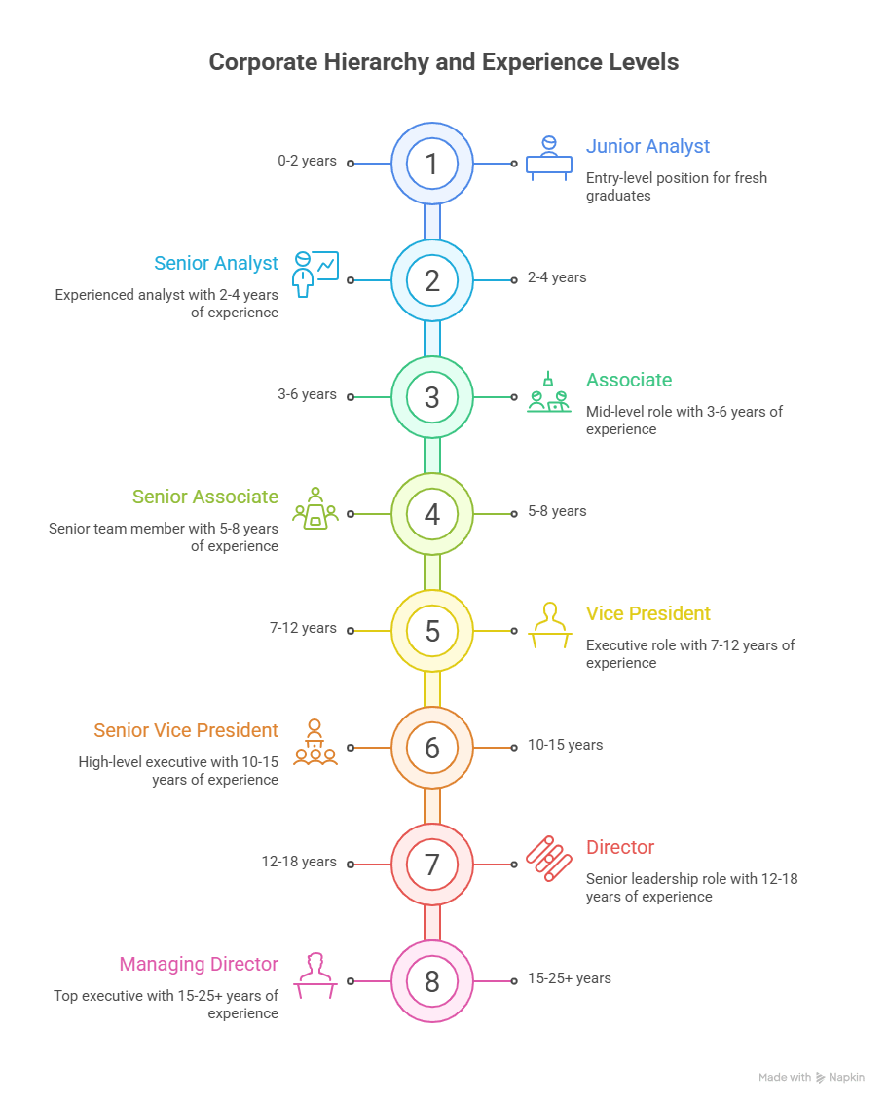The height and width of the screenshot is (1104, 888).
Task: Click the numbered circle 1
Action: tap(432, 164)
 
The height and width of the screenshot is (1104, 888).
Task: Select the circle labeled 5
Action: tap(432, 631)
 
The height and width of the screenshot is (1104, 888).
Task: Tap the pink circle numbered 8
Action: tap(432, 981)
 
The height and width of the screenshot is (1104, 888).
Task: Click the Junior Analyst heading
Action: tap(647, 147)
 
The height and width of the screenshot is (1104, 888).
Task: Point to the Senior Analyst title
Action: tap(216, 264)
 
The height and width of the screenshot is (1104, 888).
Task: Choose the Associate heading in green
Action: tap(629, 381)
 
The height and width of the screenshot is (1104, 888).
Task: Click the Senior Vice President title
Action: tap(186, 731)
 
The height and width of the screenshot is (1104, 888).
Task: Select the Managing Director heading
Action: tap(199, 965)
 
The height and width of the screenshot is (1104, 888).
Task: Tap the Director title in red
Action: tap(620, 848)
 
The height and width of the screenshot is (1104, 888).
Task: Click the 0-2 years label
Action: tap(307, 161)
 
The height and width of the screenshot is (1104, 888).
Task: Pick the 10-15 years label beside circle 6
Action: tap(565, 745)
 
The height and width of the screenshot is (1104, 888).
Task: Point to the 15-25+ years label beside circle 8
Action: tap(569, 978)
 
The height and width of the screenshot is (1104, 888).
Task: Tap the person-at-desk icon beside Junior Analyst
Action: tap(549, 157)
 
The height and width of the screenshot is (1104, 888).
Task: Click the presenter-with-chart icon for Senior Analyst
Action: tap(314, 273)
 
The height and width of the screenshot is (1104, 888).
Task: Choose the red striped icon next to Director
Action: tap(548, 858)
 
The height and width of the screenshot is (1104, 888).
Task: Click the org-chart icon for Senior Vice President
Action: tap(314, 741)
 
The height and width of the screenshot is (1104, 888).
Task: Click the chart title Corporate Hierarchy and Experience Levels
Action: tap(444, 63)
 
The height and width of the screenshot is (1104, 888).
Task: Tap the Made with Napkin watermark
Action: tap(811, 1078)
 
